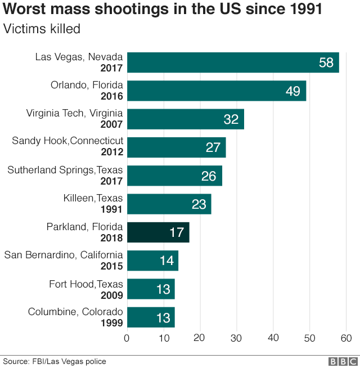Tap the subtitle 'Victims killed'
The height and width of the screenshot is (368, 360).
tap(42, 29)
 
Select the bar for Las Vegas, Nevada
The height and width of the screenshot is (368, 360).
tap(233, 62)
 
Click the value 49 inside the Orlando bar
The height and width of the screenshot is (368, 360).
tap(292, 91)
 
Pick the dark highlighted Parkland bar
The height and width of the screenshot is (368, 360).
tap(158, 232)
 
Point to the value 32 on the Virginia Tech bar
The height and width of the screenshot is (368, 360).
tap(231, 119)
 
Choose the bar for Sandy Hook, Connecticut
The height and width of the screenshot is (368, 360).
tap(176, 147)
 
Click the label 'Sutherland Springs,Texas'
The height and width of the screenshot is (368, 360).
tap(65, 169)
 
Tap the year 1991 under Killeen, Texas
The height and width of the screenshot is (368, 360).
tap(111, 209)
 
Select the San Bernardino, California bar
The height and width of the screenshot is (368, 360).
tap(152, 261)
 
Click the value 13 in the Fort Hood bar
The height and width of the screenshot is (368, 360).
tap(163, 289)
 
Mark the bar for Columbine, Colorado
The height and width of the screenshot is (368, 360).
tap(151, 317)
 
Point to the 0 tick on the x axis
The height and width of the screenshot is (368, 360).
tap(127, 338)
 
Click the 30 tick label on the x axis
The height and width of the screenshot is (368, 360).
tap(236, 338)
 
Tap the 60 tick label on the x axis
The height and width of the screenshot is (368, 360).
tap(346, 338)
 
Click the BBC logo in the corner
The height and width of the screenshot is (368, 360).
tap(343, 361)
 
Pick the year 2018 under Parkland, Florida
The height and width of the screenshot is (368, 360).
tap(111, 237)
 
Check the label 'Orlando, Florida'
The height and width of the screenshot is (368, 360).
tap(87, 85)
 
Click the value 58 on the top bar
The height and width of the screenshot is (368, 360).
tap(326, 62)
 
